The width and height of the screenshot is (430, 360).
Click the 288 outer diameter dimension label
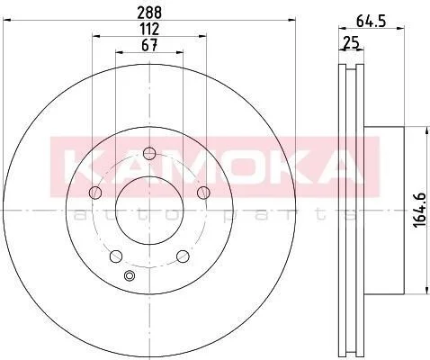pyautogui.click(x=149, y=13)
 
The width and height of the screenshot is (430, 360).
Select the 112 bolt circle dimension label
pyautogui.click(x=149, y=30)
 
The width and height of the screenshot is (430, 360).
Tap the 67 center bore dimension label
pyautogui.click(x=149, y=46)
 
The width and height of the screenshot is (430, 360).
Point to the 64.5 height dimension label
pyautogui.click(x=371, y=22)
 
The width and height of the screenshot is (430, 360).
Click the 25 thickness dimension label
pyautogui.click(x=351, y=42)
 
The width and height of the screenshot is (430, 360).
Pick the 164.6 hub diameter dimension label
pyautogui.click(x=420, y=210)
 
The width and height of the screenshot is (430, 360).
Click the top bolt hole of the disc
pyautogui.click(x=149, y=154)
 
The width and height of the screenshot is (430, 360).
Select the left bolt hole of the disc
pyautogui.click(x=95, y=193)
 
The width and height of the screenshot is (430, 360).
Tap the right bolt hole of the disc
pyautogui.click(x=203, y=193)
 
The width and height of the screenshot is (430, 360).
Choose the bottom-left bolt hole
pyautogui.click(x=116, y=256)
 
